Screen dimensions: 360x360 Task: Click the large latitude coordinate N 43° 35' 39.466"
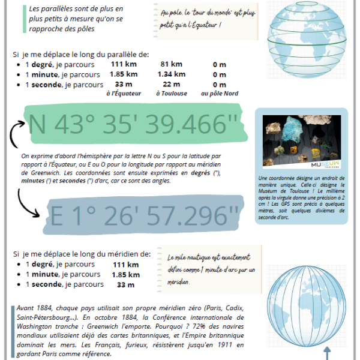pos(133,125)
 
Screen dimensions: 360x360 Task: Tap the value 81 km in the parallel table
pos(172,65)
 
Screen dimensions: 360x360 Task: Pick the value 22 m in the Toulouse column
pos(172,85)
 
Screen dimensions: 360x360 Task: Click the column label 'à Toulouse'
pos(171,94)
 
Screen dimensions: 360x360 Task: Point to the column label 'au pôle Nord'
pos(220,94)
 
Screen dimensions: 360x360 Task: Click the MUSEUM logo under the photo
pos(325,164)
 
